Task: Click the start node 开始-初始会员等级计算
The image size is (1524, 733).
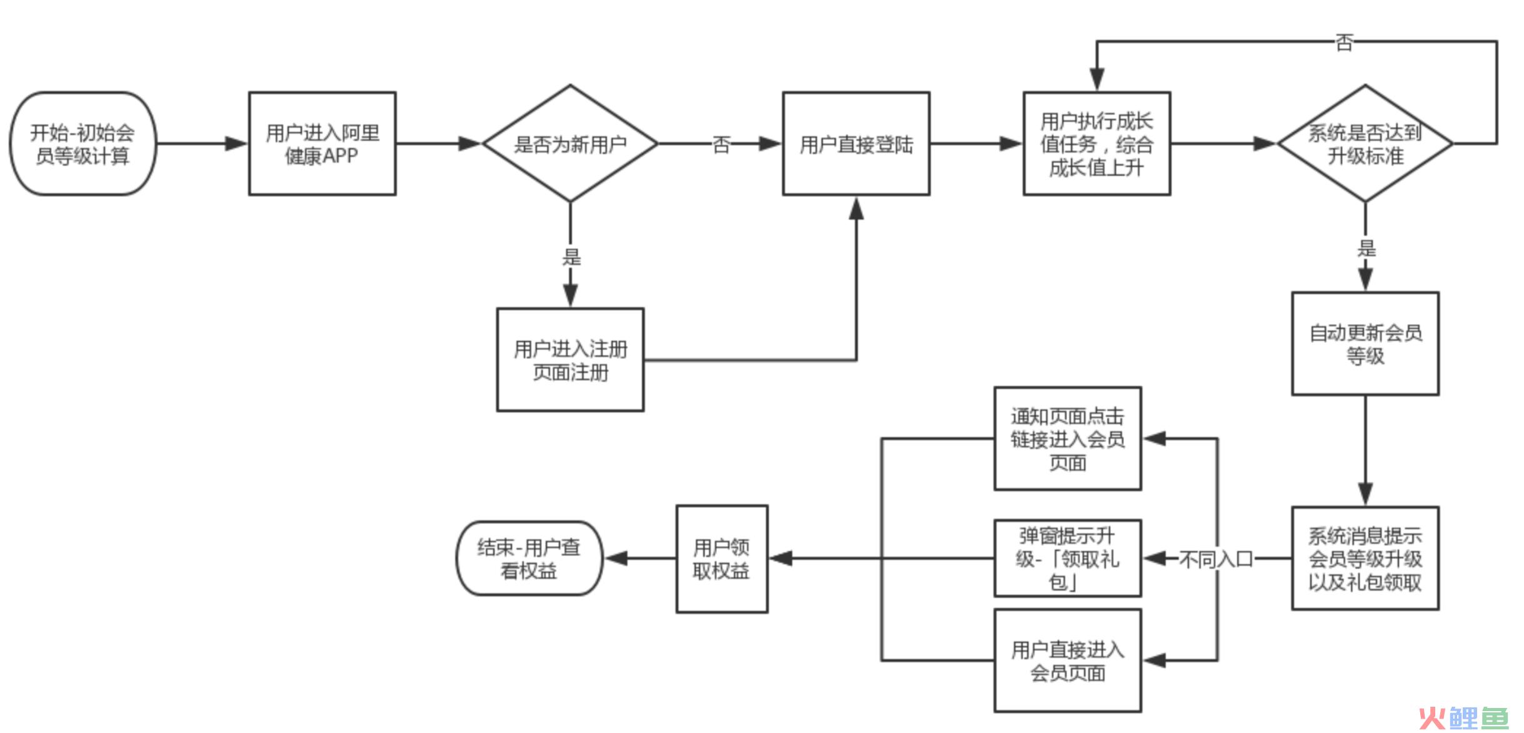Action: [83, 144]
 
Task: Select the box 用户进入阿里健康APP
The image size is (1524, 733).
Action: [322, 144]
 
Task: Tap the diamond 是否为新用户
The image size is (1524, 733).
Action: [570, 144]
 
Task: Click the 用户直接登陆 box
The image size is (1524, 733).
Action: [856, 144]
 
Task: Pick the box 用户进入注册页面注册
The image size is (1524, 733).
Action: [570, 360]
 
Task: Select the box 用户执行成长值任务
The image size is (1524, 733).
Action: [1096, 144]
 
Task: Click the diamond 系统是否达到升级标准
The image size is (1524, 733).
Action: [1365, 144]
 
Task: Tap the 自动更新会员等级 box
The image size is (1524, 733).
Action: [1365, 343]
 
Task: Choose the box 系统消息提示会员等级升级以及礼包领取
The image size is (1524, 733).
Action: [1365, 559]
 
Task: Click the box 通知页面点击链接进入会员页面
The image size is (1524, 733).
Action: [1068, 438]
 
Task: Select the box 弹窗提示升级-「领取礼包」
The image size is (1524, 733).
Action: [1068, 559]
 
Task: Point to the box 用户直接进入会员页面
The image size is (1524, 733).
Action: [1068, 660]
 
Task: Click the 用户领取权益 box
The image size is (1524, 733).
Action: [721, 559]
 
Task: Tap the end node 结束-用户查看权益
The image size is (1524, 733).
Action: [529, 559]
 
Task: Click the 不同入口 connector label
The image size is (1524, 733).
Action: [1216, 559]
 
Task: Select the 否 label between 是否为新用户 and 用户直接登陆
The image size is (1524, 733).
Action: [721, 144]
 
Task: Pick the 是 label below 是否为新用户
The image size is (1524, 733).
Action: [571, 256]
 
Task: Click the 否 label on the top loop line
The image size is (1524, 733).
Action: [1344, 43]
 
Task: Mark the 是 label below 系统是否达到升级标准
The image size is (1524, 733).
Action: [1366, 248]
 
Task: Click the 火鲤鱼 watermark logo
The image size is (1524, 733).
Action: [1464, 718]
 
